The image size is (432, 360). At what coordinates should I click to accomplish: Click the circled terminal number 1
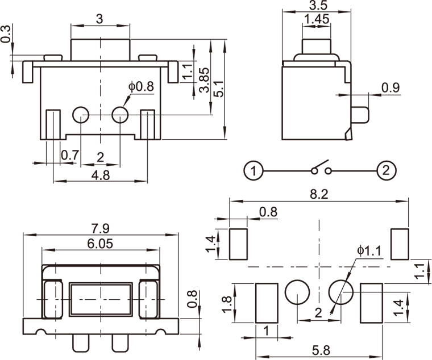point(254,170)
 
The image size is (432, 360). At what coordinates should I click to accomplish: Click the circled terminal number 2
point(387,170)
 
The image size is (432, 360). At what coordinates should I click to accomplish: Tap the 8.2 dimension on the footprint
point(319,194)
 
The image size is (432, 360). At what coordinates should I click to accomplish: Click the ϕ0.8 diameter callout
point(142,87)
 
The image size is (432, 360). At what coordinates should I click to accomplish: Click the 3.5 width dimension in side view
point(316,6)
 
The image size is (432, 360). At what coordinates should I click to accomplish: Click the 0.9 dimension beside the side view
point(390,87)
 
